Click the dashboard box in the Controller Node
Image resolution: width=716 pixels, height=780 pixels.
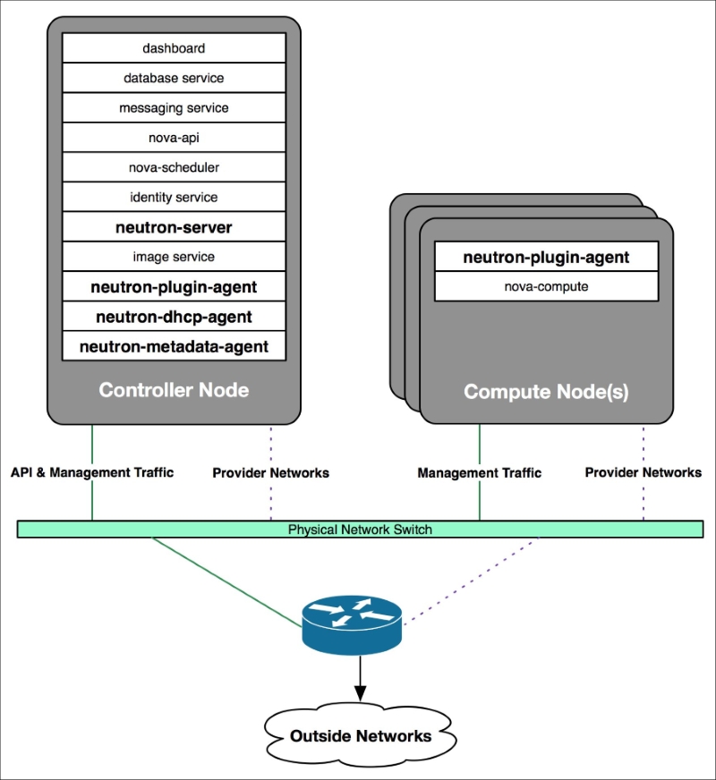point(174,47)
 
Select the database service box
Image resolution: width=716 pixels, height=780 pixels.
point(174,78)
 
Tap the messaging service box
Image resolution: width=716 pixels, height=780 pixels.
point(174,107)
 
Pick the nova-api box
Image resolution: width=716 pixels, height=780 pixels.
point(174,137)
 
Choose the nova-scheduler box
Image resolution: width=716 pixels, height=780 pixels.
point(174,167)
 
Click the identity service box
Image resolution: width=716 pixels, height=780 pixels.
point(174,197)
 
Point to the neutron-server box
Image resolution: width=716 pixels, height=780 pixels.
point(174,227)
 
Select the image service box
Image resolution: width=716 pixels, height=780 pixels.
point(174,257)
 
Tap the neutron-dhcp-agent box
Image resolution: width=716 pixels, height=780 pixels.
point(174,317)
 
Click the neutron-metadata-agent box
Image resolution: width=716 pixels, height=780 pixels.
point(174,346)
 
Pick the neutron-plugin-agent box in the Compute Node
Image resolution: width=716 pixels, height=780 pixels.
point(546,257)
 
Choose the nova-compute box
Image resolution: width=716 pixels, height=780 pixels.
point(546,286)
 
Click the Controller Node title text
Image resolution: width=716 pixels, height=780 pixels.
point(174,390)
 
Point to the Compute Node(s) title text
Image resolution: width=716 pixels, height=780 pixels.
point(546,392)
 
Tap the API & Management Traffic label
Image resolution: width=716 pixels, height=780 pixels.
point(92,472)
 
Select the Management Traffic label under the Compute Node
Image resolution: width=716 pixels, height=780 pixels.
point(479,472)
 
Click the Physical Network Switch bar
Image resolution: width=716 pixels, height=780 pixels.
point(361,530)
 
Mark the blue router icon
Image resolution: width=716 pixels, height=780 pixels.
point(352,625)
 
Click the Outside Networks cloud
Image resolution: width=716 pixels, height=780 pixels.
point(361,735)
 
